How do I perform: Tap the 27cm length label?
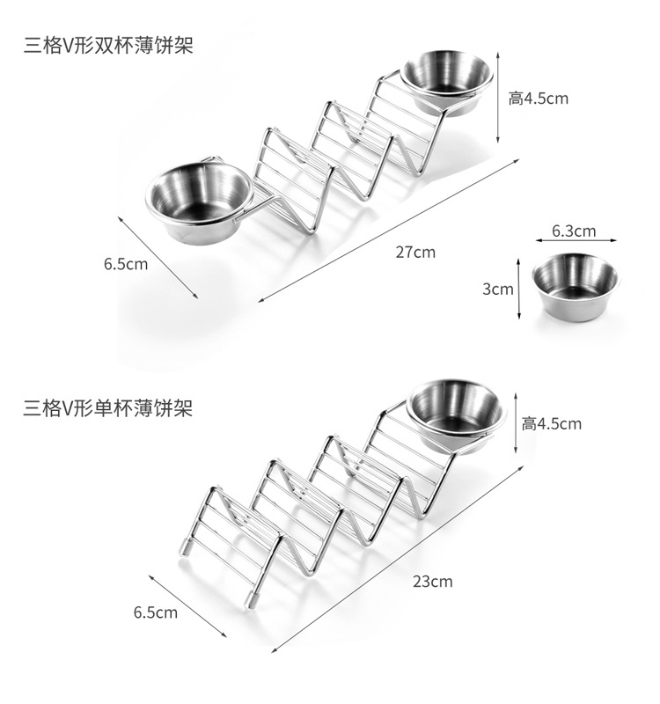(x=414, y=253)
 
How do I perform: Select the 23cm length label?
(x=432, y=581)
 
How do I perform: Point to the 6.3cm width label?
(x=574, y=231)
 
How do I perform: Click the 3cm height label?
(x=498, y=289)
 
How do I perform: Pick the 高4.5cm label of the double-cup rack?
(x=538, y=98)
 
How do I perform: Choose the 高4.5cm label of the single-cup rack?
(x=551, y=423)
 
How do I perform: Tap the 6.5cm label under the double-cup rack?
(x=125, y=263)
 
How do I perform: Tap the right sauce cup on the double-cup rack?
(x=447, y=81)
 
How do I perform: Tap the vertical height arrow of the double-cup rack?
(x=499, y=97)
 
